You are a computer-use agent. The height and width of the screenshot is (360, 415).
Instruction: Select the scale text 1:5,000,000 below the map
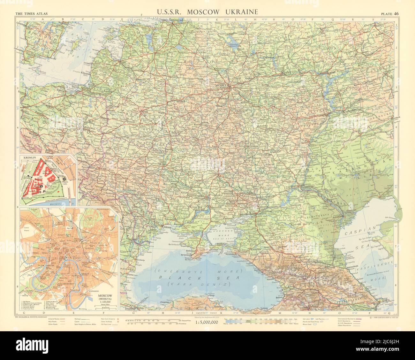point(207,322)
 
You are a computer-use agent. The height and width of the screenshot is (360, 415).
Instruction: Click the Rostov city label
point(254,213)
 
